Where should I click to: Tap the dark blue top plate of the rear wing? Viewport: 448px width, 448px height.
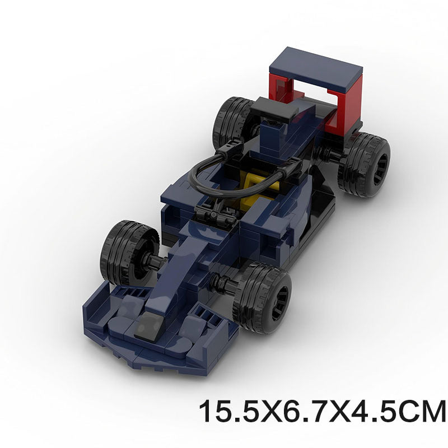point(315,72)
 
